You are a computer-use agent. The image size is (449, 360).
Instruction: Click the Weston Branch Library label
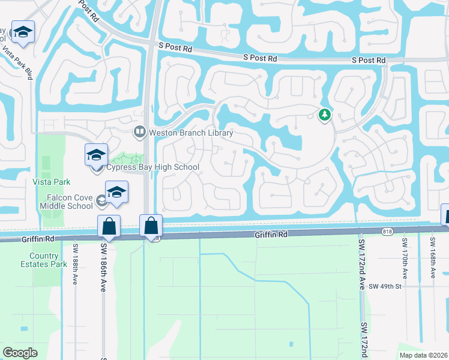point(191,133)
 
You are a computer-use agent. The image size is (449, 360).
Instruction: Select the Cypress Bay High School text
point(152,167)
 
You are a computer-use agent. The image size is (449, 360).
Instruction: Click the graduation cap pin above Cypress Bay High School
point(96,155)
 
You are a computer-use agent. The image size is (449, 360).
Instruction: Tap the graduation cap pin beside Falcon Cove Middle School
point(117,192)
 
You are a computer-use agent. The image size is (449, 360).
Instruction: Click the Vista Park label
point(51,182)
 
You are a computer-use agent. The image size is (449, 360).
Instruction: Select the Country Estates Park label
point(50,259)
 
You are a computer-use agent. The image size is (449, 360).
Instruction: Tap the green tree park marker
point(325,113)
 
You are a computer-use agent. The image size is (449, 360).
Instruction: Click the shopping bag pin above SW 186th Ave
point(109,226)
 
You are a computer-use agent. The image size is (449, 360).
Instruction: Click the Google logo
point(20,352)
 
